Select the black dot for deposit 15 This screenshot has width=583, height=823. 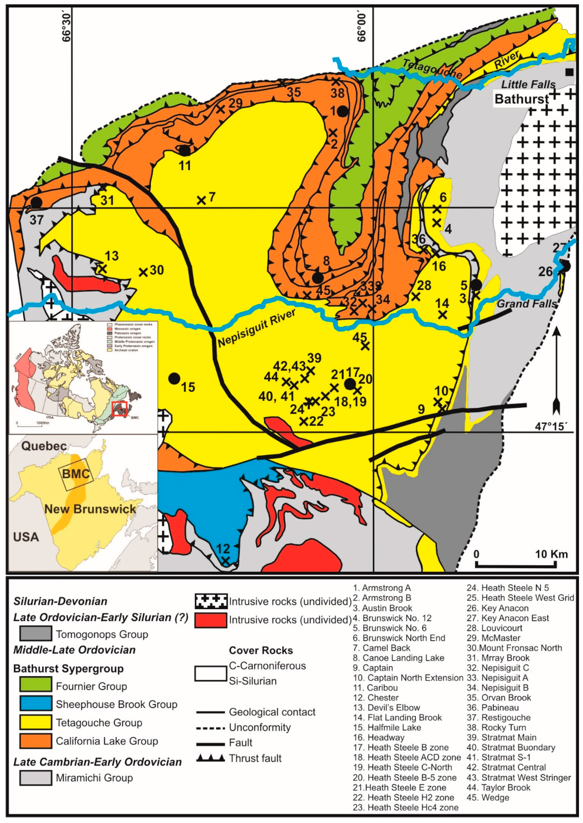coord(174,378)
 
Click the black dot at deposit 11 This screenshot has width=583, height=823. coord(184,150)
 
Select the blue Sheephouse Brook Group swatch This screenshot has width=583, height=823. coord(35,703)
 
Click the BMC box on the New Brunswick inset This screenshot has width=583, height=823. coord(76,474)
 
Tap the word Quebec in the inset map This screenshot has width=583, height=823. coord(44,446)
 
